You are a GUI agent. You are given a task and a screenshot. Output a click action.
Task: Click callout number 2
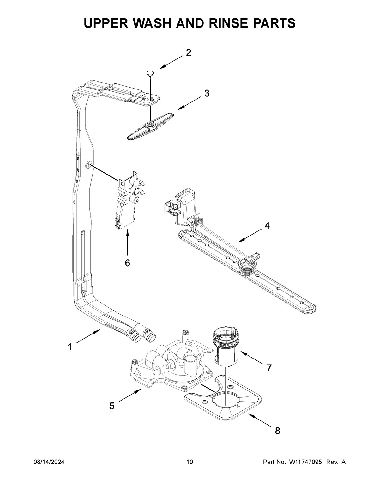188,52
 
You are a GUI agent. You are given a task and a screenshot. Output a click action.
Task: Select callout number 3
206,94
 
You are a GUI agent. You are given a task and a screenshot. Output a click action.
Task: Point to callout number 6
127,263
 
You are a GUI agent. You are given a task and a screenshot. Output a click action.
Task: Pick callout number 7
269,368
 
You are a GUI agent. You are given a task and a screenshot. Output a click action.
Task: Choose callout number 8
277,431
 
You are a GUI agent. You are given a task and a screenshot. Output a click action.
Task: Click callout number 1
69,347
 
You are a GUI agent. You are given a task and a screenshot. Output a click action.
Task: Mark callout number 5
112,406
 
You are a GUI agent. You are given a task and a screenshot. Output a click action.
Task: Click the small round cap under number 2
150,74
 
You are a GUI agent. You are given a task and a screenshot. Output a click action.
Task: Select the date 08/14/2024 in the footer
49,462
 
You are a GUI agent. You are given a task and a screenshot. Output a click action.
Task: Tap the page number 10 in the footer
189,462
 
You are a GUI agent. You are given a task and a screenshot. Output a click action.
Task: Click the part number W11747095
305,462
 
